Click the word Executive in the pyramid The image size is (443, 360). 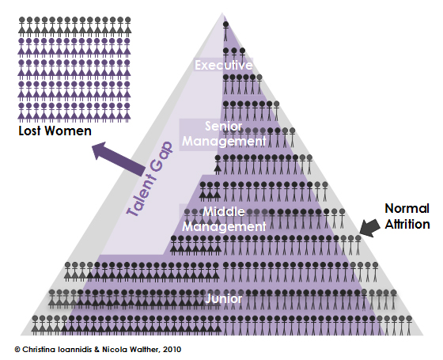point(223,65)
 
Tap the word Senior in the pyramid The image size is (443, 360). point(223,126)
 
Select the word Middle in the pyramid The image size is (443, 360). point(224,211)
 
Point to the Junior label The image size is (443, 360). point(224,299)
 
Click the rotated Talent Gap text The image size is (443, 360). point(150,179)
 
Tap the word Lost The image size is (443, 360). point(30,131)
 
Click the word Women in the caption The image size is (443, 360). point(68,131)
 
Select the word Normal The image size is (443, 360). point(407,209)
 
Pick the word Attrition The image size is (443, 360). point(407,225)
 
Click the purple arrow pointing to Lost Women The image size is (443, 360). point(119,159)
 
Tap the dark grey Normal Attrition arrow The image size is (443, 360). point(370,227)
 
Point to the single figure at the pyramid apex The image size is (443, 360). point(225,32)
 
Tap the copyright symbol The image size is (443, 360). point(17,350)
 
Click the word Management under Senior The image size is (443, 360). point(224,141)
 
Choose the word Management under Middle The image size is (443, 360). point(224,226)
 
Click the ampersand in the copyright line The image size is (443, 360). point(97,350)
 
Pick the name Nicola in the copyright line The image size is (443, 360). point(115,350)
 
